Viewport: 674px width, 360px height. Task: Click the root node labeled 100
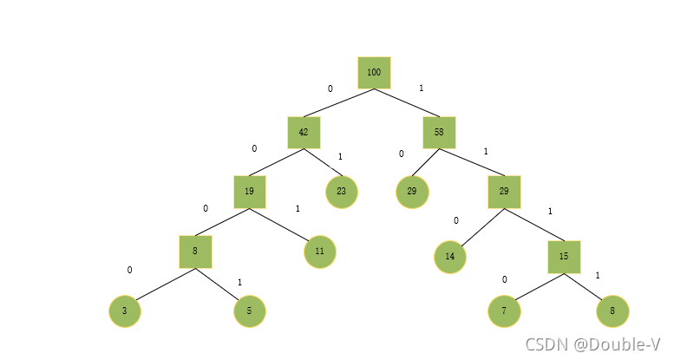(374, 73)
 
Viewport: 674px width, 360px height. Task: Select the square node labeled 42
(304, 133)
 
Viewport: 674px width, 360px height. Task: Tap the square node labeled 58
(439, 133)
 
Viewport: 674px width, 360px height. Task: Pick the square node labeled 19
(249, 192)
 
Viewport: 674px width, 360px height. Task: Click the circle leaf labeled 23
(342, 192)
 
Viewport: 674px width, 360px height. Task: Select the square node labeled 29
(504, 192)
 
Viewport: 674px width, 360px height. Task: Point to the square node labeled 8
(195, 252)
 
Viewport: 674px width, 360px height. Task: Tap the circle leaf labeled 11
(320, 252)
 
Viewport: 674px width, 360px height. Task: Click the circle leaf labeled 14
(450, 257)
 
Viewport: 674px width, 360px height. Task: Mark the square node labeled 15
(564, 257)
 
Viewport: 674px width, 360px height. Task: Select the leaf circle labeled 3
(125, 311)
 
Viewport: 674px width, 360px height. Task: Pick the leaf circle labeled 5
(250, 311)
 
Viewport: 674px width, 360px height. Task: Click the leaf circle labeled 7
(504, 311)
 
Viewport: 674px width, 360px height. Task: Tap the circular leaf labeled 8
(612, 311)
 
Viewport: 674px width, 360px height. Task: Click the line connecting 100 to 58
(407, 103)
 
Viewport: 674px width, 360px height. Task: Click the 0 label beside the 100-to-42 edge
(330, 88)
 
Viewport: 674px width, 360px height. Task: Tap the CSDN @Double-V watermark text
(592, 344)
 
